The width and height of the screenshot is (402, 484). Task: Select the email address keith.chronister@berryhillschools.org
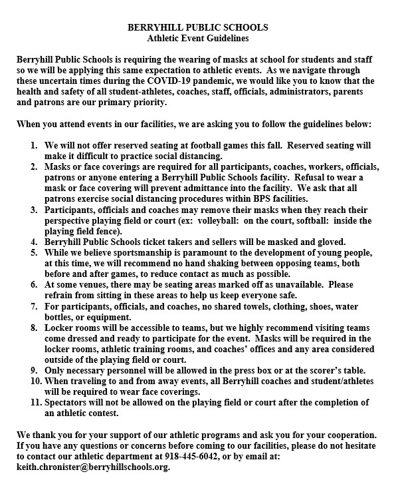[x=93, y=467]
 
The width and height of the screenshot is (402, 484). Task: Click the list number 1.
[x=35, y=145]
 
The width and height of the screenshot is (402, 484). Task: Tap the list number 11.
[x=33, y=403]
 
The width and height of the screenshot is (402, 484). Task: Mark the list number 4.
[x=35, y=242]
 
